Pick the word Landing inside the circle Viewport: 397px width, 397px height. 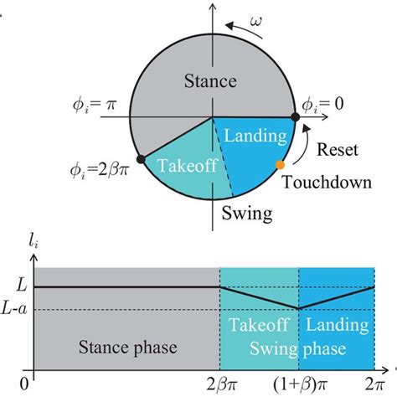[x=253, y=134]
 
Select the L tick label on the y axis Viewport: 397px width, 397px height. [x=20, y=286]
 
